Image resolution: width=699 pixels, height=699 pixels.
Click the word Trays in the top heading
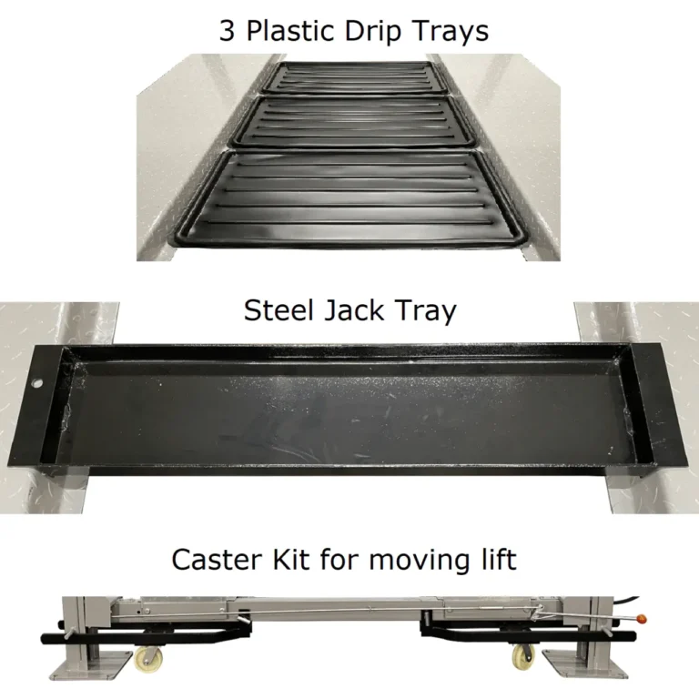pos(452,31)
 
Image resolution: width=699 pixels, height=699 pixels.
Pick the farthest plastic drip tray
pos(350,77)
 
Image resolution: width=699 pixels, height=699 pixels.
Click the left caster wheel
pos(145,659)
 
